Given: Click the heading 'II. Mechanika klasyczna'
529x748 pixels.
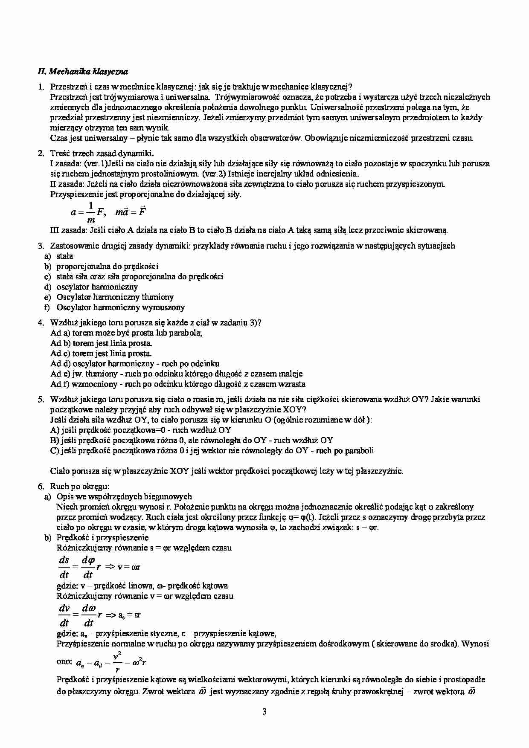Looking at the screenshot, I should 83,72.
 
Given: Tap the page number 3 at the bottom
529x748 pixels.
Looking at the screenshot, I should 264,711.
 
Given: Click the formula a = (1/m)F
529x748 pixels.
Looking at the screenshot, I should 87,212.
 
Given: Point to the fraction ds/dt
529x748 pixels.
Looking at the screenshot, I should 64,567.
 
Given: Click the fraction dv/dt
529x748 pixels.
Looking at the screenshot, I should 64,615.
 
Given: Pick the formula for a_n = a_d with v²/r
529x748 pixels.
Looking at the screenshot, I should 111,663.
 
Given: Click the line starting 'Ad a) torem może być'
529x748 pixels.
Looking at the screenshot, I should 126,333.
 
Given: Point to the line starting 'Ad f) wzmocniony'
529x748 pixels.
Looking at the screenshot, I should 177,384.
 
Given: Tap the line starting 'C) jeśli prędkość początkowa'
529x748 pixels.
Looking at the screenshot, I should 212,450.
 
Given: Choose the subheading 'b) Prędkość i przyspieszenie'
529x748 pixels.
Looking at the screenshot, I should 96,537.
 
